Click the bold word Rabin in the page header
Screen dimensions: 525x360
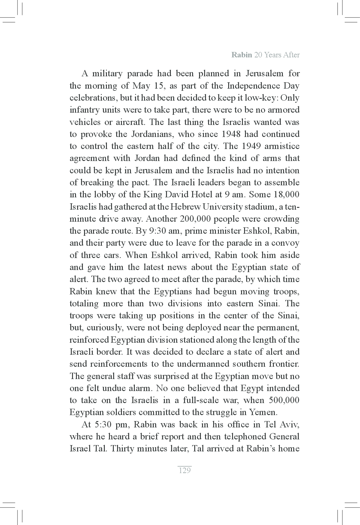point(241,55)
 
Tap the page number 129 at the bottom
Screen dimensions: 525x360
point(184,470)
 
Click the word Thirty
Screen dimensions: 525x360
point(122,449)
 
